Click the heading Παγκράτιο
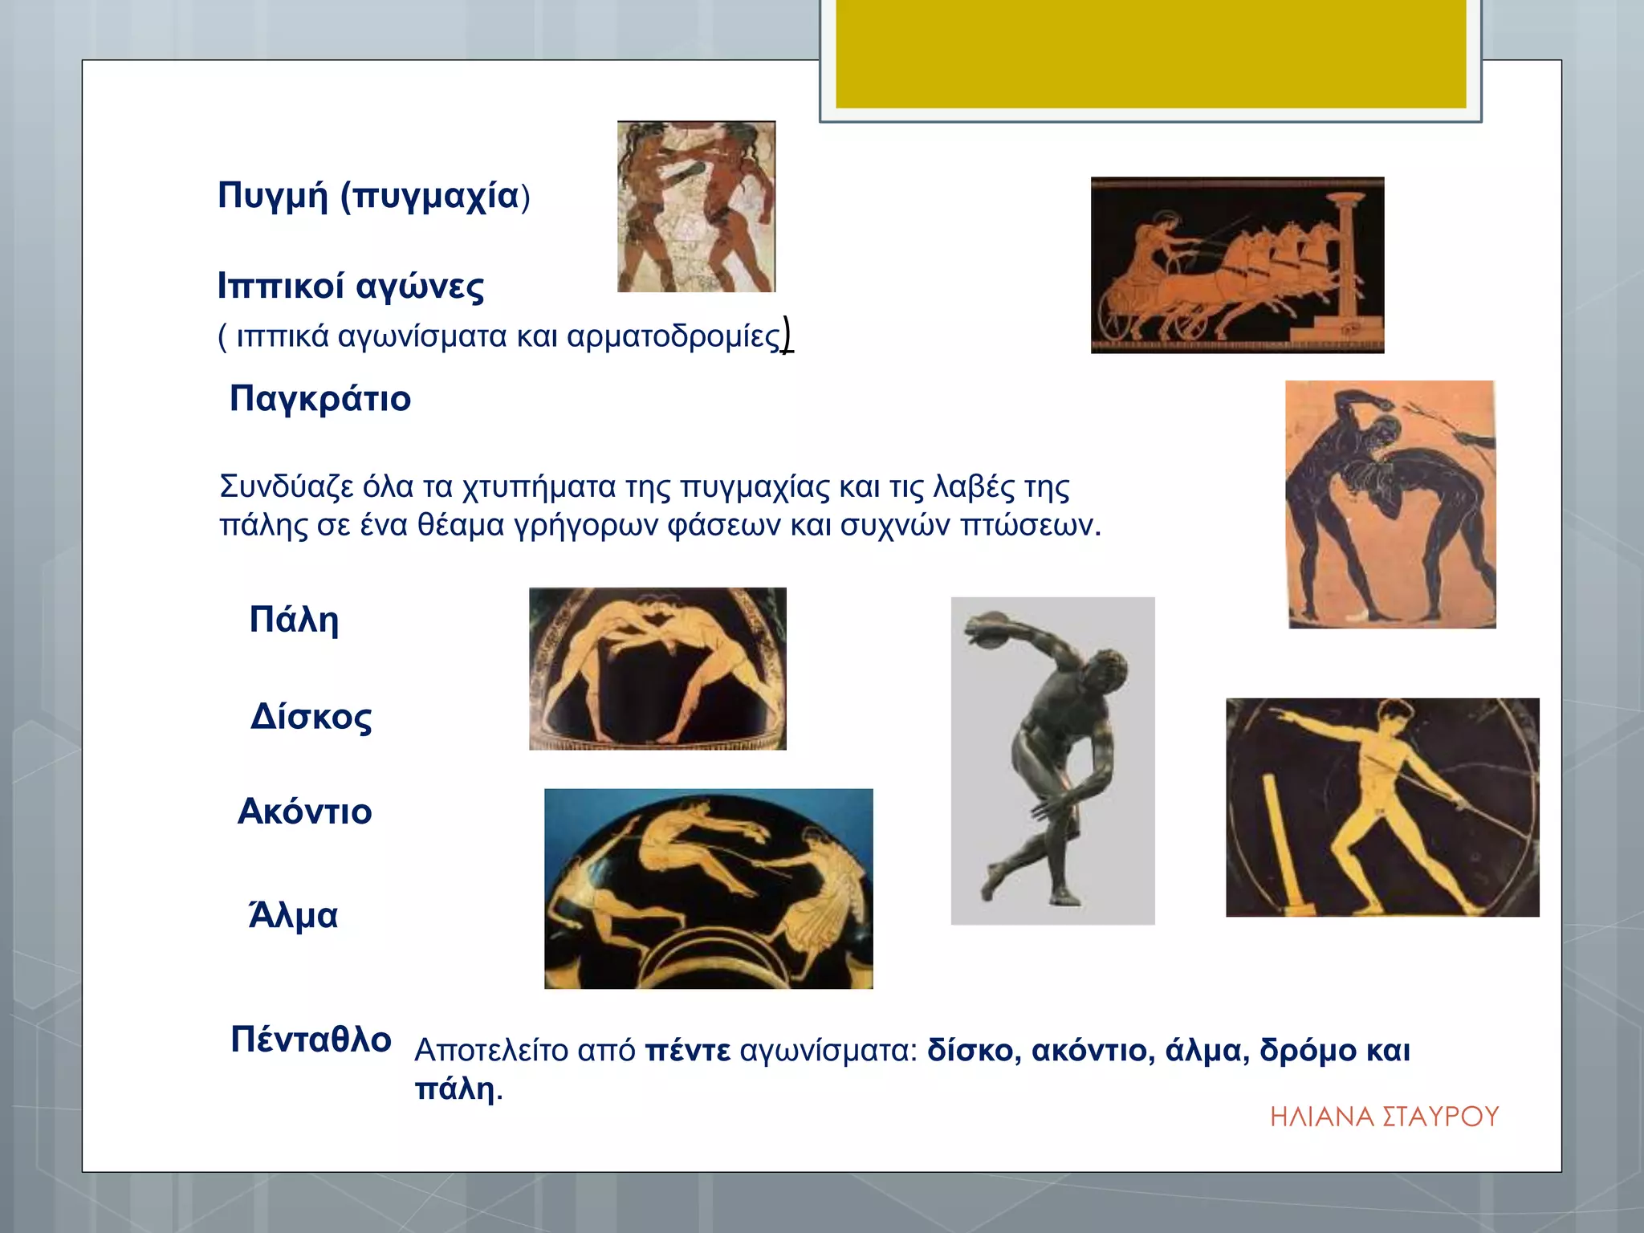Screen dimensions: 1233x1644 pyautogui.click(x=320, y=398)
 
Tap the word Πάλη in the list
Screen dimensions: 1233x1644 pyautogui.click(x=294, y=620)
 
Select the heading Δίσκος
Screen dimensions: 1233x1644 pyautogui.click(x=311, y=717)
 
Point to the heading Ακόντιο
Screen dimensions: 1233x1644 pyautogui.click(x=305, y=812)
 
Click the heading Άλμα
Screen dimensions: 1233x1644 pyautogui.click(x=294, y=915)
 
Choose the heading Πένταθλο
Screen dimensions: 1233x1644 pyautogui.click(x=311, y=1039)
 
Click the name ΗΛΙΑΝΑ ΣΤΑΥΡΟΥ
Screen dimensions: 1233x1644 pyautogui.click(x=1384, y=1117)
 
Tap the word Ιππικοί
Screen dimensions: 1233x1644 pyautogui.click(x=281, y=286)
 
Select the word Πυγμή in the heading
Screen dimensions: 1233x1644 pyautogui.click(x=273, y=196)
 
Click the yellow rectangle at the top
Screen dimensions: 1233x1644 pyautogui.click(x=1150, y=53)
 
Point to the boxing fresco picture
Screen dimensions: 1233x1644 pyautogui.click(x=696, y=206)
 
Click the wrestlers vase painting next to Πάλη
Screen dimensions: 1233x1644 pyautogui.click(x=657, y=669)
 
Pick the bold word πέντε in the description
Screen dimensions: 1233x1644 pyautogui.click(x=688, y=1050)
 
